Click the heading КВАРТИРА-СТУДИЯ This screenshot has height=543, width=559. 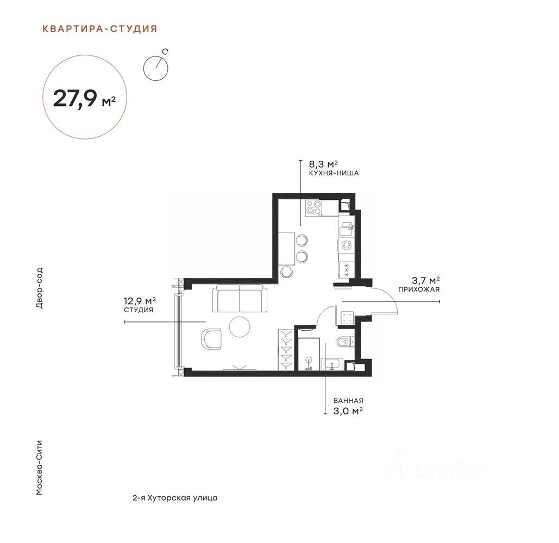(x=100, y=29)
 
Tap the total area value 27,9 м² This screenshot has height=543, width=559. (x=85, y=98)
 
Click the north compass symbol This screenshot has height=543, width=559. (x=156, y=66)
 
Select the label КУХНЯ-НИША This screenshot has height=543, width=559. (x=334, y=174)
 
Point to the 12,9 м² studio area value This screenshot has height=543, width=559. (x=140, y=301)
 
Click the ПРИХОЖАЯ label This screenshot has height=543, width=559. (x=419, y=289)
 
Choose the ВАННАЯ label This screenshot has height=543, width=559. (x=348, y=401)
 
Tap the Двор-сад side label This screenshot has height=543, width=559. (x=40, y=288)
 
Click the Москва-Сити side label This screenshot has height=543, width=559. (x=40, y=468)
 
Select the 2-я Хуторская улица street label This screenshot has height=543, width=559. (x=175, y=498)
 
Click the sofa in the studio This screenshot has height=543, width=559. (x=240, y=299)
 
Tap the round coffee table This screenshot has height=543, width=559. (x=240, y=327)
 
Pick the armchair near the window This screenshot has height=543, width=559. (x=211, y=339)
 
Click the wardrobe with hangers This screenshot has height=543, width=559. (x=286, y=350)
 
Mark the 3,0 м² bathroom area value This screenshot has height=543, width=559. (x=348, y=411)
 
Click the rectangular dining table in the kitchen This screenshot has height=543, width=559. (x=287, y=248)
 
